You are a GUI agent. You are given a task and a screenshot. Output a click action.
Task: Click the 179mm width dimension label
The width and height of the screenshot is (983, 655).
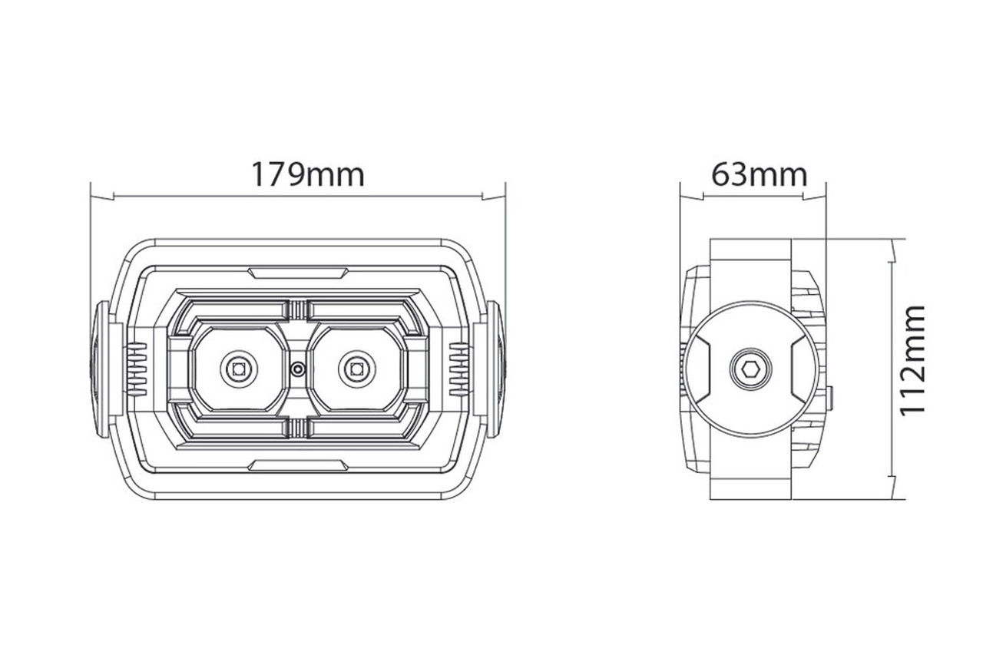[307, 174]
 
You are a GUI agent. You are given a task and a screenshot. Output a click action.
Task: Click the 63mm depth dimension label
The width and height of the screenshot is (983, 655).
[759, 174]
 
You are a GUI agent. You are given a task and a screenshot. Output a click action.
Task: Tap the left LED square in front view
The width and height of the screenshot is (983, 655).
[236, 369]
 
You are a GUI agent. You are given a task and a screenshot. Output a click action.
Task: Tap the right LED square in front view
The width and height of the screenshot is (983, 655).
[356, 369]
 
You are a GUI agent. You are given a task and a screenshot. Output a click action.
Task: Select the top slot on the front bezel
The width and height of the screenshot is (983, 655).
[296, 272]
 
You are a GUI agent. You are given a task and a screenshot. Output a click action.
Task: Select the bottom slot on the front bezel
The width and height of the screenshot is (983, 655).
[296, 464]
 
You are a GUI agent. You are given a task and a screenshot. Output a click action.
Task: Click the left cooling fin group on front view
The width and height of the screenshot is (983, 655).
[136, 368]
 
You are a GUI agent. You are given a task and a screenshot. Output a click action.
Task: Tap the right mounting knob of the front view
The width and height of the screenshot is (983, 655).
[494, 369]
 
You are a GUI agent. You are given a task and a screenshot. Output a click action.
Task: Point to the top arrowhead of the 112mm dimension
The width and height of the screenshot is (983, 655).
[891, 250]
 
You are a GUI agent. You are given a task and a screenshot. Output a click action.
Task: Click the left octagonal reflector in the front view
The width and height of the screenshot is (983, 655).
[237, 369]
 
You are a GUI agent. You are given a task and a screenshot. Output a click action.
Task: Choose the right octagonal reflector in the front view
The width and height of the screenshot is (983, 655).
[356, 369]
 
